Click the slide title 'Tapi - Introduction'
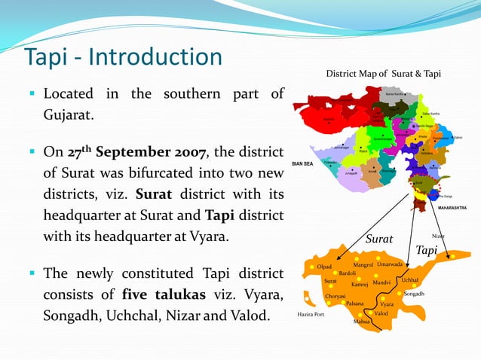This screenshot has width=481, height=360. click(124, 57)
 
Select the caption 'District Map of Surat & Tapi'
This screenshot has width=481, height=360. click(383, 74)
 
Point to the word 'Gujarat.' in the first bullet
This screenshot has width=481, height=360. click(72, 117)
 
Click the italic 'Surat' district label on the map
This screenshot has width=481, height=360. click(379, 239)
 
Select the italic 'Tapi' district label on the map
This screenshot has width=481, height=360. click(427, 249)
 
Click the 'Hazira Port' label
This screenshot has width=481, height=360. click(311, 314)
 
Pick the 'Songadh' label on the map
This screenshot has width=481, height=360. click(414, 294)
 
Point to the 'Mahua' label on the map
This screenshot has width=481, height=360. click(362, 322)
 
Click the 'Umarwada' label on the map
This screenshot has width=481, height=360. click(391, 264)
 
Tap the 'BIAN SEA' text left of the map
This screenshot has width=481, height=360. click(303, 164)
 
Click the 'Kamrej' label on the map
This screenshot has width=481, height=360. click(360, 285)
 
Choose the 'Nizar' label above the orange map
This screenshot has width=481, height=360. click(438, 236)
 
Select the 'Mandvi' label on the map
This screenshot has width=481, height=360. click(381, 282)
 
